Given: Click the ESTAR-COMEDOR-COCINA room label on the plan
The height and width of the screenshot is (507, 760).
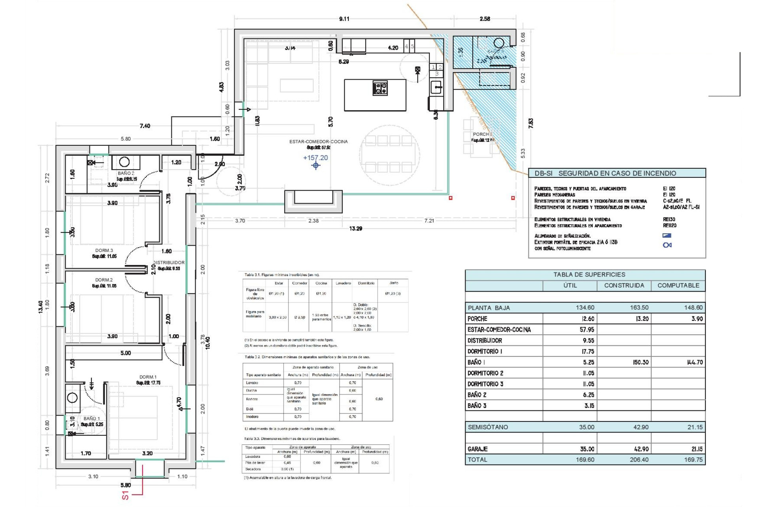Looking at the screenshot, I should point(318,141).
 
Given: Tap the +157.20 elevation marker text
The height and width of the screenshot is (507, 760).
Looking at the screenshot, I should point(315,158).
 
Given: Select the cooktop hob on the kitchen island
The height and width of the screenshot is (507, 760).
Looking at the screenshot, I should point(380,88).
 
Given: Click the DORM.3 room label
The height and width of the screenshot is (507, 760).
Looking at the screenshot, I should point(104,250).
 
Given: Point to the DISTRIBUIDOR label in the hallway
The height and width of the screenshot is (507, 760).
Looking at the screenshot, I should point(169,263).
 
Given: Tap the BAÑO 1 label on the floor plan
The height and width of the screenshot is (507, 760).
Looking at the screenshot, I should point(92,418).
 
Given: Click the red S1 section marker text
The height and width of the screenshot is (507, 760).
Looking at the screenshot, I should point(125,495).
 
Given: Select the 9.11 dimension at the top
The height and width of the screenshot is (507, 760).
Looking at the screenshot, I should point(344,19).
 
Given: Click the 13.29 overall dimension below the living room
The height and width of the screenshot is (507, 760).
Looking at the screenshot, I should point(355,229).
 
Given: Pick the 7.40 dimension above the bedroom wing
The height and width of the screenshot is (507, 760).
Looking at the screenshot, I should point(145,126).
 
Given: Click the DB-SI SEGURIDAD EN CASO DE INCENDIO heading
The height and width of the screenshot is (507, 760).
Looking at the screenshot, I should point(605,173).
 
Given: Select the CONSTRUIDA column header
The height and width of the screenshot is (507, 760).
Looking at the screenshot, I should point(624,285).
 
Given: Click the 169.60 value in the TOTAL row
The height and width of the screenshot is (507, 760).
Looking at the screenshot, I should point(585,459).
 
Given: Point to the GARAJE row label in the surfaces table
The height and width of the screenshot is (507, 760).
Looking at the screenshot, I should point(477,449).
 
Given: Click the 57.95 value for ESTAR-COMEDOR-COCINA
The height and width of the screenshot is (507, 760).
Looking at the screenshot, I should point(587,330).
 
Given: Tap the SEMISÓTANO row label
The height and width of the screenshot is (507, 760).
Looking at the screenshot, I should point(488,427).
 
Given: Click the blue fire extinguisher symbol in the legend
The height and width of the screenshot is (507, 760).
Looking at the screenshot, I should point(667,245).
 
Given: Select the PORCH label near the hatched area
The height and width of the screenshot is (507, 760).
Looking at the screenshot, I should point(481,134).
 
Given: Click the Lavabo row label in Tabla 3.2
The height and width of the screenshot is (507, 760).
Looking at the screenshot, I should point(252,383).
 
